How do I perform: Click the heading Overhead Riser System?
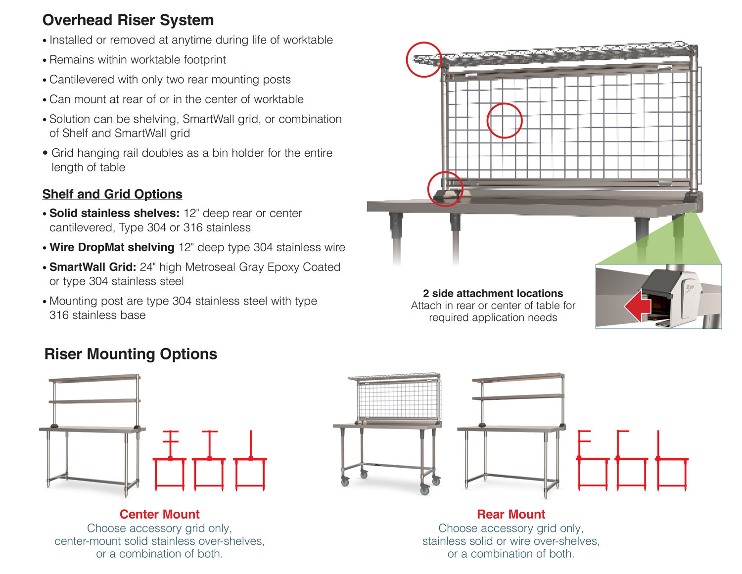[128, 20]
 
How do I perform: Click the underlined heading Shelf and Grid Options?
[112, 194]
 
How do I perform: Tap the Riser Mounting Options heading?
[131, 354]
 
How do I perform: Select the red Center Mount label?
[159, 514]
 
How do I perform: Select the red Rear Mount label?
[511, 514]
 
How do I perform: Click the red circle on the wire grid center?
[505, 121]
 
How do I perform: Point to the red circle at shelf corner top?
[424, 59]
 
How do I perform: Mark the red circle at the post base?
[445, 189]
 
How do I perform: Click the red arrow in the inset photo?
[638, 307]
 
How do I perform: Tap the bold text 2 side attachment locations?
[493, 293]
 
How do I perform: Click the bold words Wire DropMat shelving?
[112, 247]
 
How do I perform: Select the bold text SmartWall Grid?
[93, 267]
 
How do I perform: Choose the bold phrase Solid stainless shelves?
[114, 213]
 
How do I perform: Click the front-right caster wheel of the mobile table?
[425, 490]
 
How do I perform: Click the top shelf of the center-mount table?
[94, 379]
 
